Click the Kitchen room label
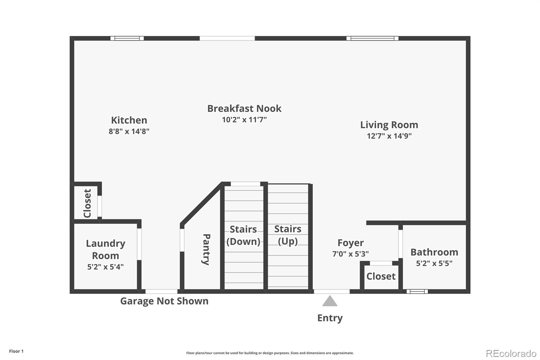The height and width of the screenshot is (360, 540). pos(129,120)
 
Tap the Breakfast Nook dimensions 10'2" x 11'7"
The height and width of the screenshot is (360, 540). pos(244,120)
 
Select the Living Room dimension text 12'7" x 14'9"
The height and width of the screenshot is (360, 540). pos(389,136)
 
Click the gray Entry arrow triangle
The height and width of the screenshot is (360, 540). pos(330,301)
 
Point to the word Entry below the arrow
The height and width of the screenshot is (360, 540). pos(330,318)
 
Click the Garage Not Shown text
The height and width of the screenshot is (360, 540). pos(164,301)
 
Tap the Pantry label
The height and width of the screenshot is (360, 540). pos(206,250)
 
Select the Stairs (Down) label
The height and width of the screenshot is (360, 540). pos(243,235)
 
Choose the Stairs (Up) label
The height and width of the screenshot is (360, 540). pos(288,235)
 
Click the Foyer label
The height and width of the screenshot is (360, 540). pos(351,243)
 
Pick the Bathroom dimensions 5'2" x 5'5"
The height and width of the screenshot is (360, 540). pos(434,263)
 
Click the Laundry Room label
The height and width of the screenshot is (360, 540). pos(106,249)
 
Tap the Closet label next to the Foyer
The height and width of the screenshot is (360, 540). pos(381,276)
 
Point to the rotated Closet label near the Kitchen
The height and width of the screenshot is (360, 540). pos(87,203)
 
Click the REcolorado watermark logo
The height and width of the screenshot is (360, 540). pos(511,354)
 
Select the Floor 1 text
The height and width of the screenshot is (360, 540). pos(17,351)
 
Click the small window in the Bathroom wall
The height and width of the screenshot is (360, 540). pos(417,291)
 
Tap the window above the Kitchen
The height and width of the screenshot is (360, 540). pos(127,38)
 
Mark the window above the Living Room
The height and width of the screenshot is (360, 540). pos(373,38)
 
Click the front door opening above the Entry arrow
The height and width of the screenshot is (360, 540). pos(332,291)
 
